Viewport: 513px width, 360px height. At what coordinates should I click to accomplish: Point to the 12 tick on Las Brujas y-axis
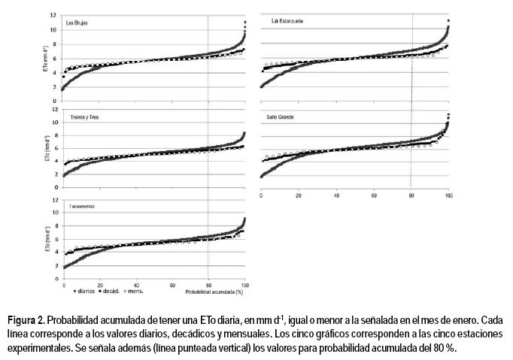[53, 15]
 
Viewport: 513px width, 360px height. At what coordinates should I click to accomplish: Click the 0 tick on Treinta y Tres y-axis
[54, 187]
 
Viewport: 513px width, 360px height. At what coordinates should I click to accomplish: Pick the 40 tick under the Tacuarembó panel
[136, 286]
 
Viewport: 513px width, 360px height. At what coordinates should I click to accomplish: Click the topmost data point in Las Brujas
[245, 23]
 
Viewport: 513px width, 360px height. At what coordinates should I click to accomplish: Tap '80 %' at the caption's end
[444, 348]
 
